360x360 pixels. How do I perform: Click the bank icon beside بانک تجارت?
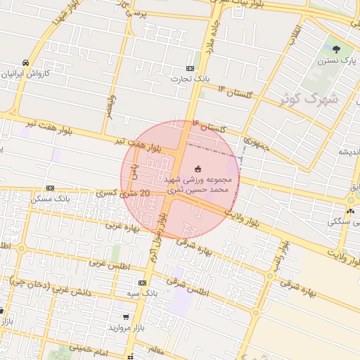click(x=191, y=68)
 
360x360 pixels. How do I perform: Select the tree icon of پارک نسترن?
click(x=335, y=49)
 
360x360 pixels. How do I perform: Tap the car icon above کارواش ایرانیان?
click(x=25, y=62)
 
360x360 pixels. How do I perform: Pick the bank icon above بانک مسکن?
click(x=50, y=188)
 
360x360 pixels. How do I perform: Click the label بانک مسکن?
click(x=49, y=199)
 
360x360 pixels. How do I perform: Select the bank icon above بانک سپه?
click(x=142, y=282)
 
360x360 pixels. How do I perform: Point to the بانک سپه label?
click(x=142, y=292)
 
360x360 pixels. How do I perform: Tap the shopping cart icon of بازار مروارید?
click(x=125, y=318)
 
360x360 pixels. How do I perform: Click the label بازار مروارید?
click(x=125, y=328)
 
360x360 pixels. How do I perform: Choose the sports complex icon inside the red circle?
click(x=198, y=168)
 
